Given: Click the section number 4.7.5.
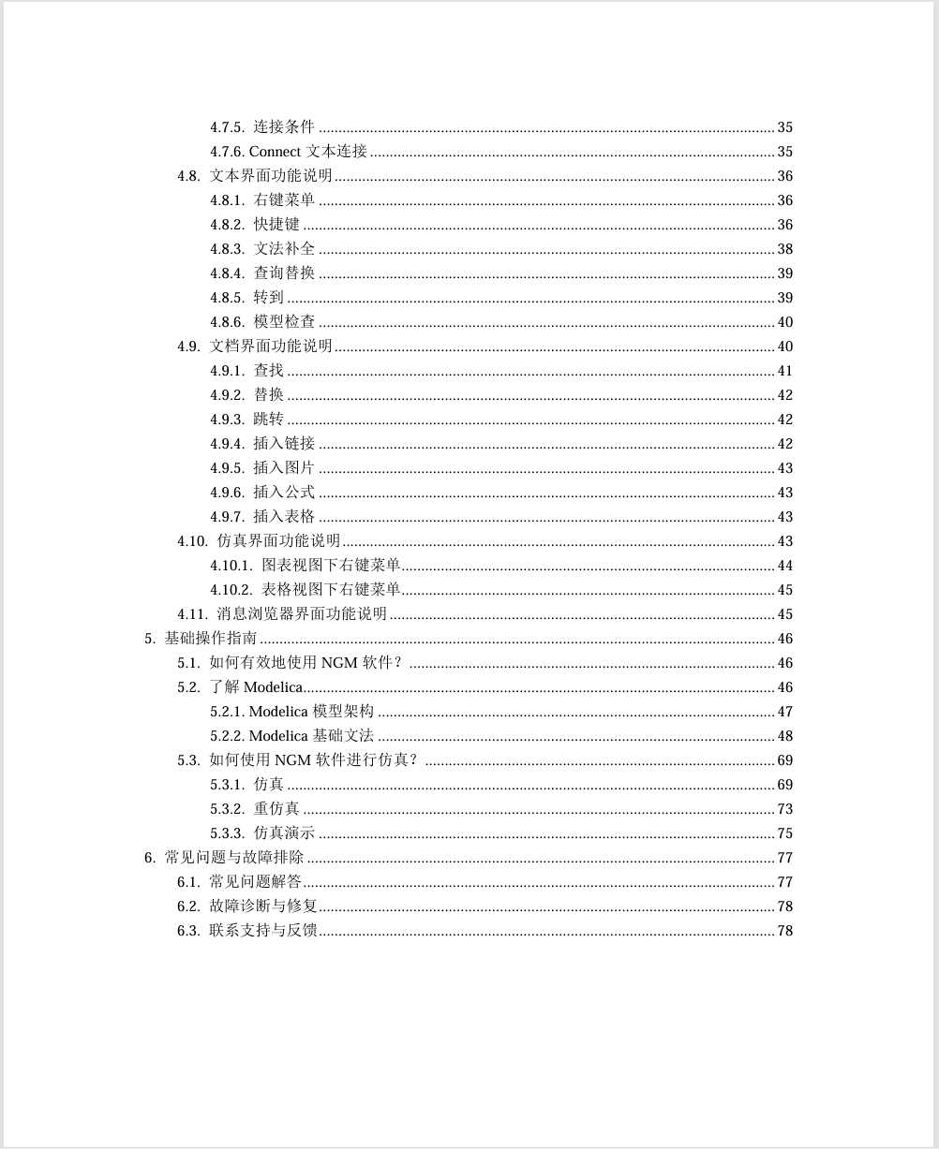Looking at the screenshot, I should coord(227,127).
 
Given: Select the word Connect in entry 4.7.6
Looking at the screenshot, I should coord(275,152).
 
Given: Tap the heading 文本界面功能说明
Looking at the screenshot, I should coord(271,176).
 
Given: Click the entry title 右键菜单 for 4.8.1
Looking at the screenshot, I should coord(284,200).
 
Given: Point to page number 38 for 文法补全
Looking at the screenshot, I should coord(784,249).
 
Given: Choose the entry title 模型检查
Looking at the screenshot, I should coord(284,322).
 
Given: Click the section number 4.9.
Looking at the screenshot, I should coord(188,346).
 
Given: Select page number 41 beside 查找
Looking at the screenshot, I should coord(784,371).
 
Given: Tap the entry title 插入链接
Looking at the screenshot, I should coord(284,444).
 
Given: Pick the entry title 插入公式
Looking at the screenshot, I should coord(284,493).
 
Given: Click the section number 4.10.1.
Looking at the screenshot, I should coord(231,566).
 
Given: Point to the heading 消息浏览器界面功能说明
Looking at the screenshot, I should coord(302,614).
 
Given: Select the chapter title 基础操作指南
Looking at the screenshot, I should coord(211,639).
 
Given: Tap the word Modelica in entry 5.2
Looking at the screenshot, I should coord(273,687).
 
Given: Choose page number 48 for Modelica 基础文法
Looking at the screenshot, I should coord(784,736).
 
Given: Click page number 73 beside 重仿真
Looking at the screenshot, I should coord(784,809).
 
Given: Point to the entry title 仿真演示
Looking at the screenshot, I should coord(284,833).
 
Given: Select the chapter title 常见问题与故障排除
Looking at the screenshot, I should coord(234,858).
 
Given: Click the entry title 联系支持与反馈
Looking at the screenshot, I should coord(263,931).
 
